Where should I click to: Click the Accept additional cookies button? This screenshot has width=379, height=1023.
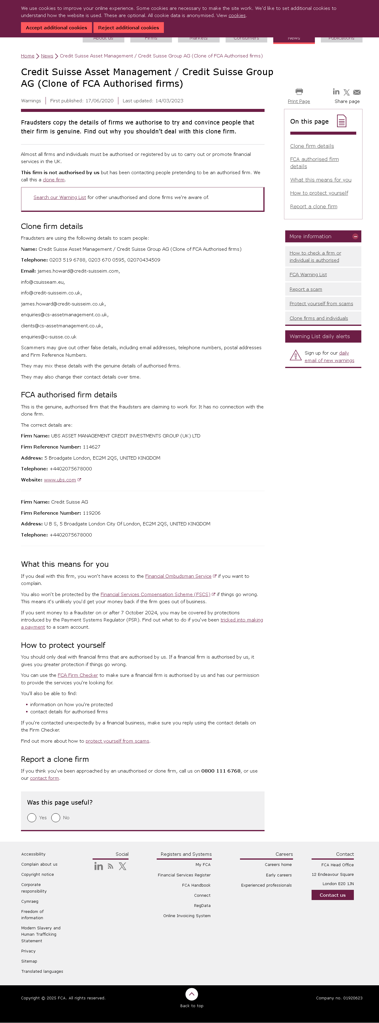click(x=56, y=28)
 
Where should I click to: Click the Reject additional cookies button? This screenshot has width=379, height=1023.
click(x=129, y=28)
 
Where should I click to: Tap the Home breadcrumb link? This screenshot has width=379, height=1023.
click(x=28, y=56)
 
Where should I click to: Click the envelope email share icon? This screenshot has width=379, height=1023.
click(x=357, y=92)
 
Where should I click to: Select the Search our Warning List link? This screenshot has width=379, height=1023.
click(x=60, y=197)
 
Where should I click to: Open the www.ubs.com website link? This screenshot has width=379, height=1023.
click(x=60, y=480)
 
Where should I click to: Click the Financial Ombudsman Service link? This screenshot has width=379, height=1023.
click(x=178, y=576)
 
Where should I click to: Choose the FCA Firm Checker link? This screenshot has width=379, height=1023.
click(x=78, y=675)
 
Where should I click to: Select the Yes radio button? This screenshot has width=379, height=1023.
click(x=32, y=818)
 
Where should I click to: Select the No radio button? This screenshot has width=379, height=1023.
click(x=56, y=818)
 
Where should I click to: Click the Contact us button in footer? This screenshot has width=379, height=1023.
click(x=333, y=895)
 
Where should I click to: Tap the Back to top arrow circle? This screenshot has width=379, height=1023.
click(x=192, y=994)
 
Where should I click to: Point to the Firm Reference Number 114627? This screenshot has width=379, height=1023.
click(x=91, y=447)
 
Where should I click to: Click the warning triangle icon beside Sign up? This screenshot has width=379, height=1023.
click(x=295, y=355)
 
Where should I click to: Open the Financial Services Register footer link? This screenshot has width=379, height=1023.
click(x=184, y=875)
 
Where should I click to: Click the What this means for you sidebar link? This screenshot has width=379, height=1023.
click(x=321, y=180)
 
